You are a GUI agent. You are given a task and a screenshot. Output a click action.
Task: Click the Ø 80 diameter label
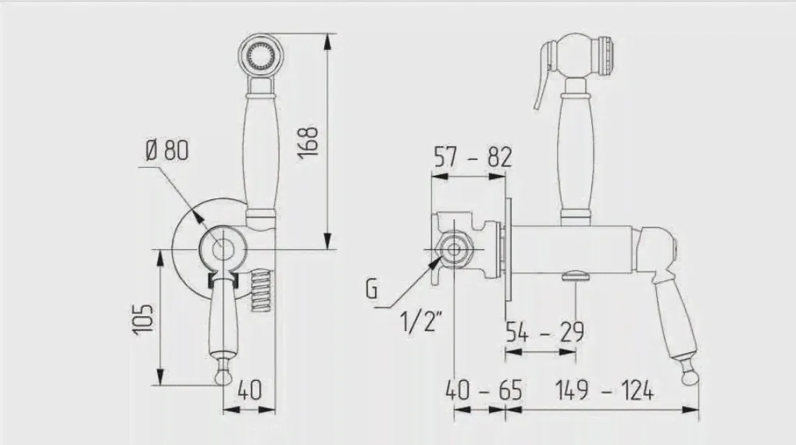click(167, 150)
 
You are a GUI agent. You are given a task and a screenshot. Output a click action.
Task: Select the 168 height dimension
click(308, 142)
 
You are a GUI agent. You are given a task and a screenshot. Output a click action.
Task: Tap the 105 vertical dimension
click(143, 319)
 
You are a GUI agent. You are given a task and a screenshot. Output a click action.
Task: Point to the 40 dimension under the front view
click(249, 390)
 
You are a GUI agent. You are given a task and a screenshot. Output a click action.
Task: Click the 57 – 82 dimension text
click(473, 157)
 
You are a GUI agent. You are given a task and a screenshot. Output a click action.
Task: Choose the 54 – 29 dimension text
click(544, 332)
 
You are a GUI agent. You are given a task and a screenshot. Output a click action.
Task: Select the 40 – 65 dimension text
click(484, 390)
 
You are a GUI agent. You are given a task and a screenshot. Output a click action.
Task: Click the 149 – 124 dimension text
click(604, 390)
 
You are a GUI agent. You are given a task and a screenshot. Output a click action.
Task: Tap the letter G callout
click(372, 289)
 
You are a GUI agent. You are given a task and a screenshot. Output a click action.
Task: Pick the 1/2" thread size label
click(421, 321)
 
